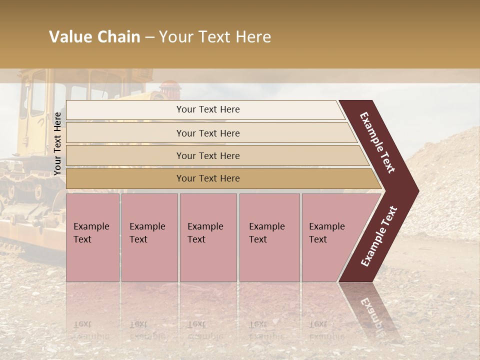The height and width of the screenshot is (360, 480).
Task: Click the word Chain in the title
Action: click(118, 37)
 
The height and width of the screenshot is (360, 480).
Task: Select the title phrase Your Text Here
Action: click(215, 37)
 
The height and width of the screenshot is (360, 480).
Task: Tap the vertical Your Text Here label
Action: click(58, 143)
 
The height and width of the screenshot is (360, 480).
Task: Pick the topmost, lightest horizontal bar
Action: click(205, 110)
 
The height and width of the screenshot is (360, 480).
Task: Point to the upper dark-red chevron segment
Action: click(377, 142)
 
